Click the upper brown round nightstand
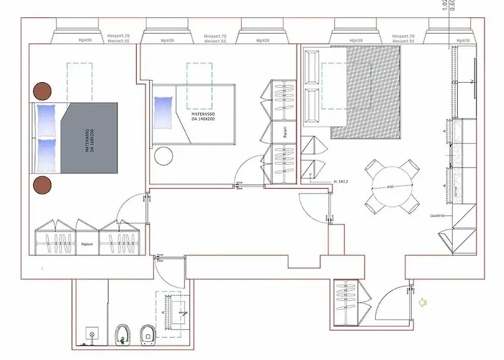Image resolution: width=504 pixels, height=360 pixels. (x=42, y=91)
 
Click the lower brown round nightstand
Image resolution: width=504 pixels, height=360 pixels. (x=42, y=185)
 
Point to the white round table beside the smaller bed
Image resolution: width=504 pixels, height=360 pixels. (x=165, y=156)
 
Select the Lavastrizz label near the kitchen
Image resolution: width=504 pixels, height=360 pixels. (x=439, y=215)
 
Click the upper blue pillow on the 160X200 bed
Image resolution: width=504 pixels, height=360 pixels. (x=47, y=117)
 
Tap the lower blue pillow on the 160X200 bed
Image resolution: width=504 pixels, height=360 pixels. (x=47, y=153)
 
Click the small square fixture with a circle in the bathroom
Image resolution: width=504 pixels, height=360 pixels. (x=91, y=334)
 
